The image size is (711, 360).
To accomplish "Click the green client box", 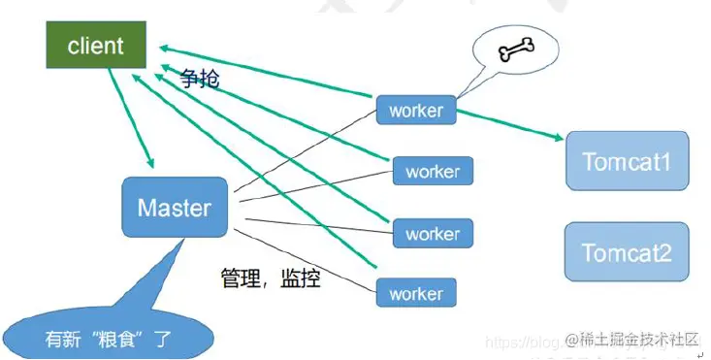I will coord(94,46).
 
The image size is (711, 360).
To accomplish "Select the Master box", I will coord(175,208).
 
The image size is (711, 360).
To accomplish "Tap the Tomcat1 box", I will coord(627,160).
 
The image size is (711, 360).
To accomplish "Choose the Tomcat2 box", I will coord(627,253).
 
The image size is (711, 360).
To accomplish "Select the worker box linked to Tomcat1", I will coord(415,110).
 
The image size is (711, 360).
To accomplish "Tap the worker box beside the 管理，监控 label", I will coord(415,293).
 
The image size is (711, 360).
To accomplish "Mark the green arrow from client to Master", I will coord(130,116).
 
